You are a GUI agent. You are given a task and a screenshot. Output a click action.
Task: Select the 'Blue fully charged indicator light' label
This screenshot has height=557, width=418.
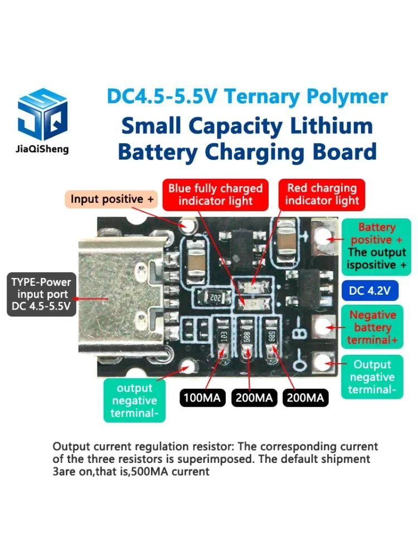(x=215, y=194)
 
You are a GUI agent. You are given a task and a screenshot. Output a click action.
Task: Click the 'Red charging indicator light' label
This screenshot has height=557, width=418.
(x=322, y=194)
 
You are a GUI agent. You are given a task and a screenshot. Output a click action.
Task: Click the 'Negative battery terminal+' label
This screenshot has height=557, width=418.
(x=372, y=328)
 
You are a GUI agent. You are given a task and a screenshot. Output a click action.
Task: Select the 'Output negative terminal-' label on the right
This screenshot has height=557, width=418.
(x=372, y=377)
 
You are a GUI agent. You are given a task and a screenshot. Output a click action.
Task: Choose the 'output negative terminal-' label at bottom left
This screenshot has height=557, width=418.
(x=134, y=400)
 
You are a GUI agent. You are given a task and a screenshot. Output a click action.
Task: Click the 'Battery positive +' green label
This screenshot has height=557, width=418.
(x=376, y=233)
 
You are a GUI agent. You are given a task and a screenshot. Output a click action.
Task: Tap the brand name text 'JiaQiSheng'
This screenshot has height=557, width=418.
(x=43, y=149)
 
